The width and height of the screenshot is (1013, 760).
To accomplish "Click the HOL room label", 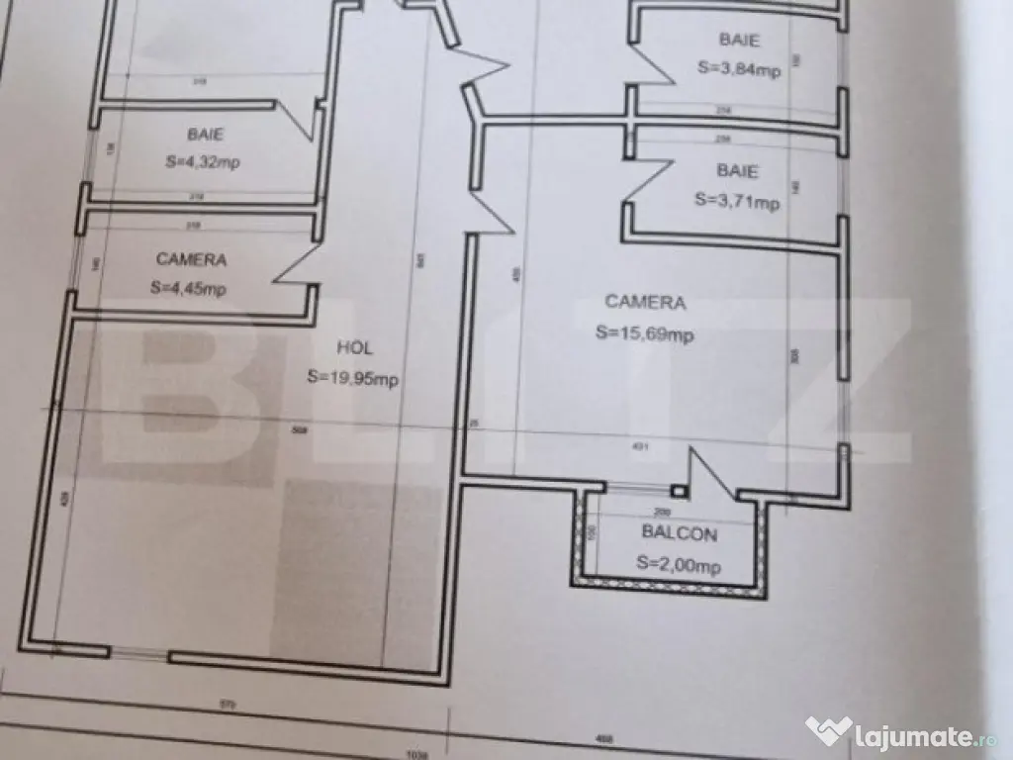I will coord(354,348).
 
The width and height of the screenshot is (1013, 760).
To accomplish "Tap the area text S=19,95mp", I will coord(352,377).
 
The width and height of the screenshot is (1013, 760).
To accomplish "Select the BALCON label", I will coord(679,532).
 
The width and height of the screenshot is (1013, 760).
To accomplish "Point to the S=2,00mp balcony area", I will coord(679,565).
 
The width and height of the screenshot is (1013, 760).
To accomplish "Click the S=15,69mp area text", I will coord(644,333).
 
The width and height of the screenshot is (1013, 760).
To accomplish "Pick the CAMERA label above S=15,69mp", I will coord(645,302).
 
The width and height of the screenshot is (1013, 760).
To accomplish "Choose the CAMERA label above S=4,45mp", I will coord(191,259).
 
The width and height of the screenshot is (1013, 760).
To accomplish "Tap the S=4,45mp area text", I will coord(189,289).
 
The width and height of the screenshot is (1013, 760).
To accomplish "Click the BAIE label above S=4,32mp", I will coord(205,135).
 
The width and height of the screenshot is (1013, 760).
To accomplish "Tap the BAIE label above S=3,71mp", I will coord(737,171).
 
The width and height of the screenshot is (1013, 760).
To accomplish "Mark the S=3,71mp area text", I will coord(737,201).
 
